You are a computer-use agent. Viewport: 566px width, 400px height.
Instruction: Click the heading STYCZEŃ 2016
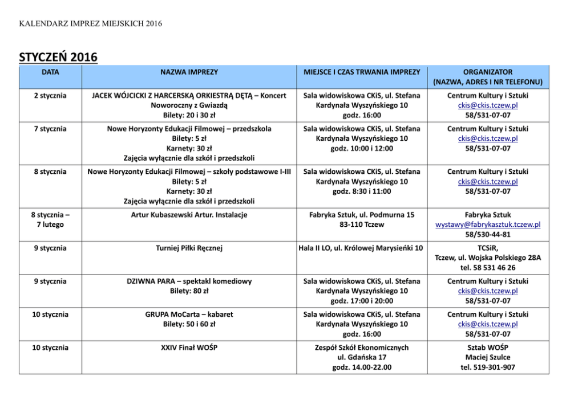pyautogui.click(x=58, y=57)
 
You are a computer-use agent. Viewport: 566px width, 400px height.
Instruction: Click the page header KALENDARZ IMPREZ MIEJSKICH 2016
pyautogui.click(x=91, y=23)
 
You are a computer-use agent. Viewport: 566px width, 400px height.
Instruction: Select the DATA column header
pyautogui.click(x=50, y=72)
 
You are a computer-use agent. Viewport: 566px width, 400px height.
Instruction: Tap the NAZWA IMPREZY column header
pyautogui.click(x=189, y=72)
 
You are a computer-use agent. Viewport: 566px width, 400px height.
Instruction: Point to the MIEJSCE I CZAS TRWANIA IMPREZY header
pyautogui.click(x=361, y=72)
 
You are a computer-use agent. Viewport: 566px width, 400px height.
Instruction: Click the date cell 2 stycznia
pyautogui.click(x=50, y=95)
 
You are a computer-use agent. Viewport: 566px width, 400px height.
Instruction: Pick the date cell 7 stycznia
pyautogui.click(x=50, y=129)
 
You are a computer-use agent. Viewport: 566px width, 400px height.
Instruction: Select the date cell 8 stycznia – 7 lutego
pyautogui.click(x=50, y=219)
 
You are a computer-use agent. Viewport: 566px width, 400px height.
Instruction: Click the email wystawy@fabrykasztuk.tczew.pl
pyautogui.click(x=488, y=225)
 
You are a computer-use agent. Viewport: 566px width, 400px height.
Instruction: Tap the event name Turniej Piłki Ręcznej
pyautogui.click(x=189, y=248)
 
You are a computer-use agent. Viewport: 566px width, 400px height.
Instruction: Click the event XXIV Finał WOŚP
pyautogui.click(x=189, y=347)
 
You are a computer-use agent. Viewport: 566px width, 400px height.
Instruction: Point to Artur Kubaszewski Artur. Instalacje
pyautogui.click(x=189, y=214)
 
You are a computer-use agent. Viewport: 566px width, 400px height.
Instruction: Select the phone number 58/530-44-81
pyautogui.click(x=488, y=234)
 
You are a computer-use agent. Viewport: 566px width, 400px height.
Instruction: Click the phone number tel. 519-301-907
pyautogui.click(x=488, y=367)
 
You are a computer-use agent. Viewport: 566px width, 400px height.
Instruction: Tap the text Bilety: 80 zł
pyautogui.click(x=189, y=291)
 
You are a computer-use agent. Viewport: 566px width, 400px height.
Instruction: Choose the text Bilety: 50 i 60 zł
pyautogui.click(x=189, y=324)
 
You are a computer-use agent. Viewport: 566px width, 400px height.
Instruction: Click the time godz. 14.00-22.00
pyautogui.click(x=361, y=367)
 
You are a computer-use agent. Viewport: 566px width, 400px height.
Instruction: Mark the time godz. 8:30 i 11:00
pyautogui.click(x=361, y=191)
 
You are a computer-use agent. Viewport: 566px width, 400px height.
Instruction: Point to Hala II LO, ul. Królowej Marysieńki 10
pyautogui.click(x=361, y=248)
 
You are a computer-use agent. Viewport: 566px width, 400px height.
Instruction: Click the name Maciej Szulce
pyautogui.click(x=488, y=357)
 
